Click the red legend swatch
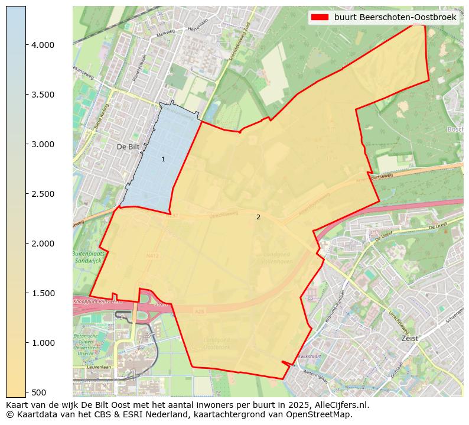[x=321, y=18]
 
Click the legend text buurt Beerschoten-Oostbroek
[x=395, y=18]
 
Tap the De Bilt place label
[x=127, y=147]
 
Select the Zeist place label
[x=409, y=339]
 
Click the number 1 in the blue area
[x=163, y=160]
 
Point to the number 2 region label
[x=258, y=218]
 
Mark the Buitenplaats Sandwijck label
[x=88, y=256]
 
